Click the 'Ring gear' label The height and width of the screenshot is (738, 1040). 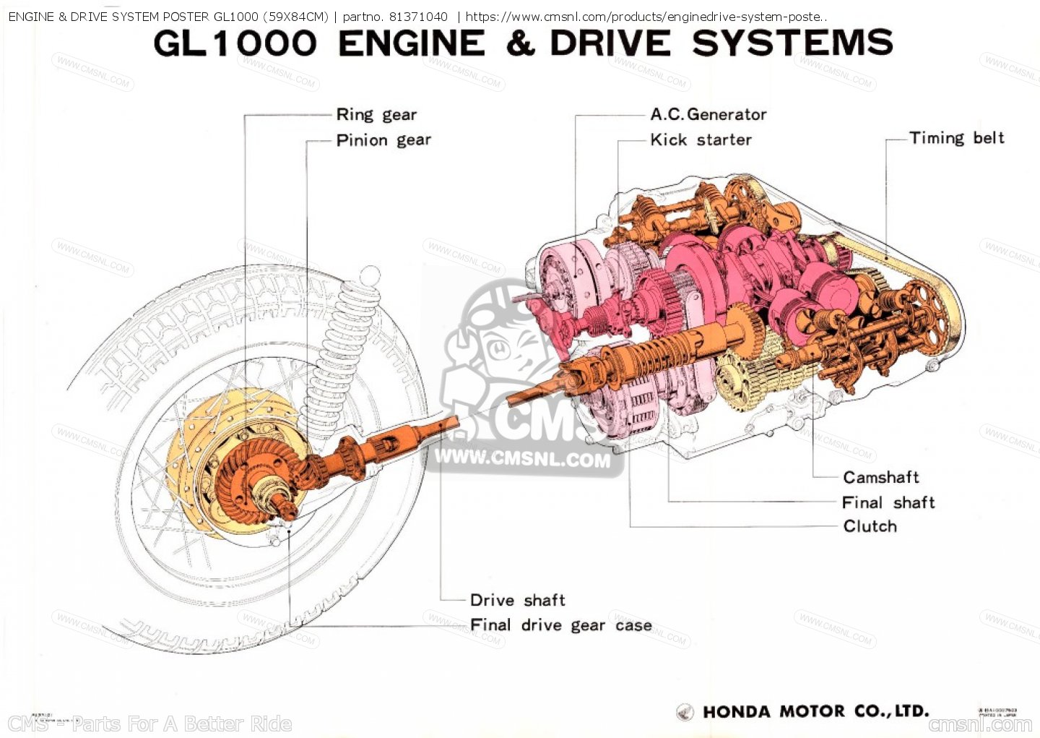point(376,115)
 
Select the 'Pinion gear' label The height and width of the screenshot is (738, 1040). point(383,140)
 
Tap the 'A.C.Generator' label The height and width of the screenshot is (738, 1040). point(708,114)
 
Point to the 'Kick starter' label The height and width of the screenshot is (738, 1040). point(701,140)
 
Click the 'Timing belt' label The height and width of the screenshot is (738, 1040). point(956,138)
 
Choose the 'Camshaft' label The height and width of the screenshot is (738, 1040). point(880,477)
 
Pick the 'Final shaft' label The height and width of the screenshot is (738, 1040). point(888,502)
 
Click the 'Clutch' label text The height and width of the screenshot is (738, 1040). point(870,526)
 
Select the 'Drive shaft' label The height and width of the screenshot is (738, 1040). point(517,600)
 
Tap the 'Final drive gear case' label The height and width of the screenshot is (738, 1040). point(560,625)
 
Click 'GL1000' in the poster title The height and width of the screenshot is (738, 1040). point(235,43)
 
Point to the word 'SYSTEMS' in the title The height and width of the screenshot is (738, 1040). point(792,43)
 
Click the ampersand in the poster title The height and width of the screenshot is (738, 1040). point(520,43)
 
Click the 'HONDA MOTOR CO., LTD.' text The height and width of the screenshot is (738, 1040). point(815,711)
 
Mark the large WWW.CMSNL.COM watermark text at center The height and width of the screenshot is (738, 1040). point(522,458)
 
